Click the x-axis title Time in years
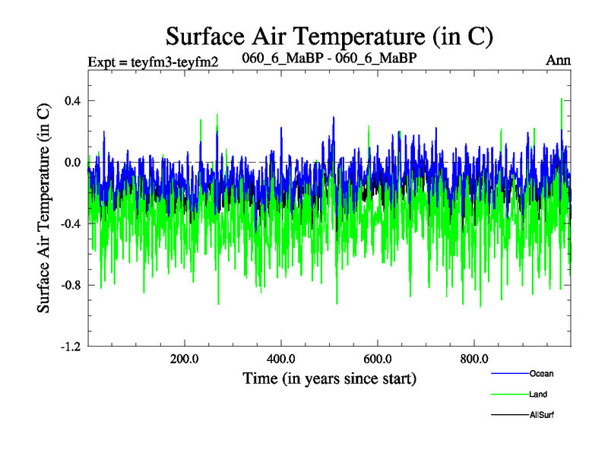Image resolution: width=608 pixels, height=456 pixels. (329, 378)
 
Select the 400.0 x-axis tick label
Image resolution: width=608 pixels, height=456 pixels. (281, 359)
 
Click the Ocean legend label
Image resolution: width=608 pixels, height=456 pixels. (542, 374)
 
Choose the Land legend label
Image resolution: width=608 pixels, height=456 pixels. (538, 394)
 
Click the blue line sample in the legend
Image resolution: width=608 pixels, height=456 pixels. (510, 374)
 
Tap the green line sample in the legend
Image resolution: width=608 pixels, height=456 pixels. (510, 394)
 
